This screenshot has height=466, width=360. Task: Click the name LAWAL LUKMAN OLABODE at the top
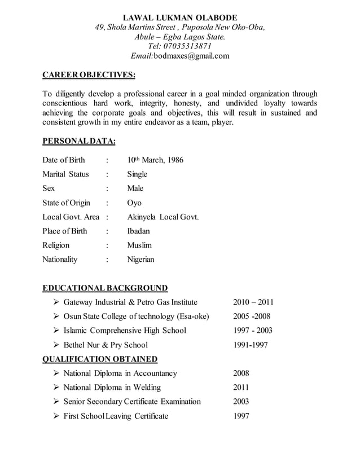pos(180,17)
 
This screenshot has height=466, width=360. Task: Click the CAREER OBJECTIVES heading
pos(89,75)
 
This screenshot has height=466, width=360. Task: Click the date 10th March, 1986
pos(155,160)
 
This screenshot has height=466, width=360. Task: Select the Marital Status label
pos(65,174)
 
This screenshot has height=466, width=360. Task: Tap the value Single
pos(137,174)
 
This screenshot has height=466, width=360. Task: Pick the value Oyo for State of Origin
pos(134,203)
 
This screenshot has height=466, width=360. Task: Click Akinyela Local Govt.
pos(163,217)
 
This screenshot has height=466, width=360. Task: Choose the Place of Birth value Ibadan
pos(139,231)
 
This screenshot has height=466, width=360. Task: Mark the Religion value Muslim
pos(139,245)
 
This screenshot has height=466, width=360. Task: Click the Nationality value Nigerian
pos(141,260)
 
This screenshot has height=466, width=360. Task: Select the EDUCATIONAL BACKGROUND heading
pos(105,288)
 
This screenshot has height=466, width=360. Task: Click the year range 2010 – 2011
pos(253,302)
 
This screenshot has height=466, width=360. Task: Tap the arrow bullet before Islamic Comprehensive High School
pos(56,331)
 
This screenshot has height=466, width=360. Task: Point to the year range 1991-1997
pos(250,345)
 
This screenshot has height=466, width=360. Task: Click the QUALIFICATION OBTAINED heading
pos(100,359)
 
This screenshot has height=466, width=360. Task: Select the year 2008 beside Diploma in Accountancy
pos(241,373)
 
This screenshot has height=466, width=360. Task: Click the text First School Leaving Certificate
pos(116,416)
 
